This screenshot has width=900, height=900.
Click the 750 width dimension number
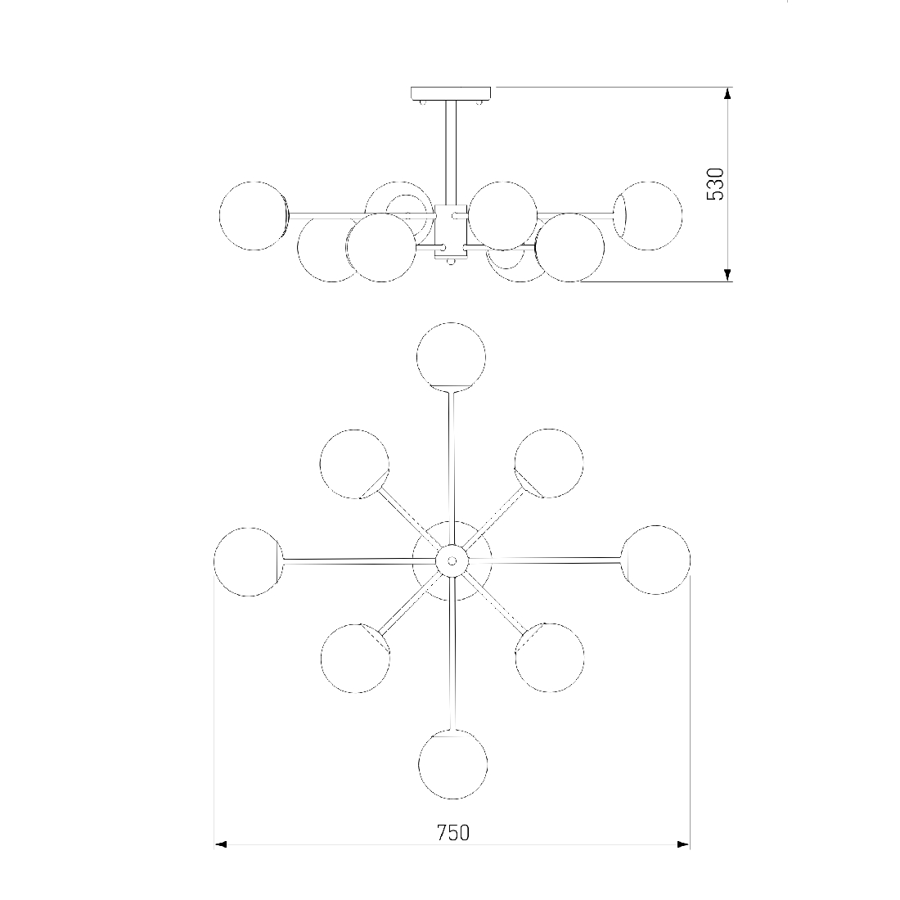pyautogui.click(x=453, y=832)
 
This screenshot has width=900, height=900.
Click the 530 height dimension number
pyautogui.click(x=714, y=183)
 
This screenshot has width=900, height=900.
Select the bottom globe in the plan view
pyautogui.click(x=453, y=764)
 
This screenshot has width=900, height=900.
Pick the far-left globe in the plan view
pyautogui.click(x=249, y=562)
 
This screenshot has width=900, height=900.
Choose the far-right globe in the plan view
pyautogui.click(x=655, y=560)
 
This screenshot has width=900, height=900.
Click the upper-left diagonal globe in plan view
pyautogui.click(x=355, y=464)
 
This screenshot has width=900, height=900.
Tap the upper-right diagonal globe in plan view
pyautogui.click(x=549, y=463)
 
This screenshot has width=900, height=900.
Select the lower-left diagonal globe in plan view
pyautogui.click(x=356, y=658)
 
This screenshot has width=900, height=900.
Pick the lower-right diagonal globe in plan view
pyautogui.click(x=549, y=658)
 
